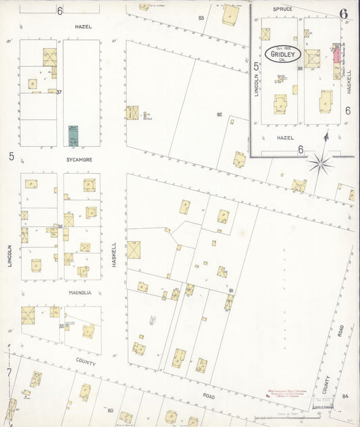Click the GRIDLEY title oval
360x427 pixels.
(284, 54)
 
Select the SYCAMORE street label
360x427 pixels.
(79, 160)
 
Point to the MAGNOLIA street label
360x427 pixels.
(80, 293)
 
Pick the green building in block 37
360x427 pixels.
(73, 135)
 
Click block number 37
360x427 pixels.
(59, 93)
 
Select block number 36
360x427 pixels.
(60, 226)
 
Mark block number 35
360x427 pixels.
(61, 326)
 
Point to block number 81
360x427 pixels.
(231, 291)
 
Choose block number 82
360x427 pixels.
(220, 114)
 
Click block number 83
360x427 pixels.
(201, 18)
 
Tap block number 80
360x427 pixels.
(110, 410)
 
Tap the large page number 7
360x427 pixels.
(9, 372)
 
